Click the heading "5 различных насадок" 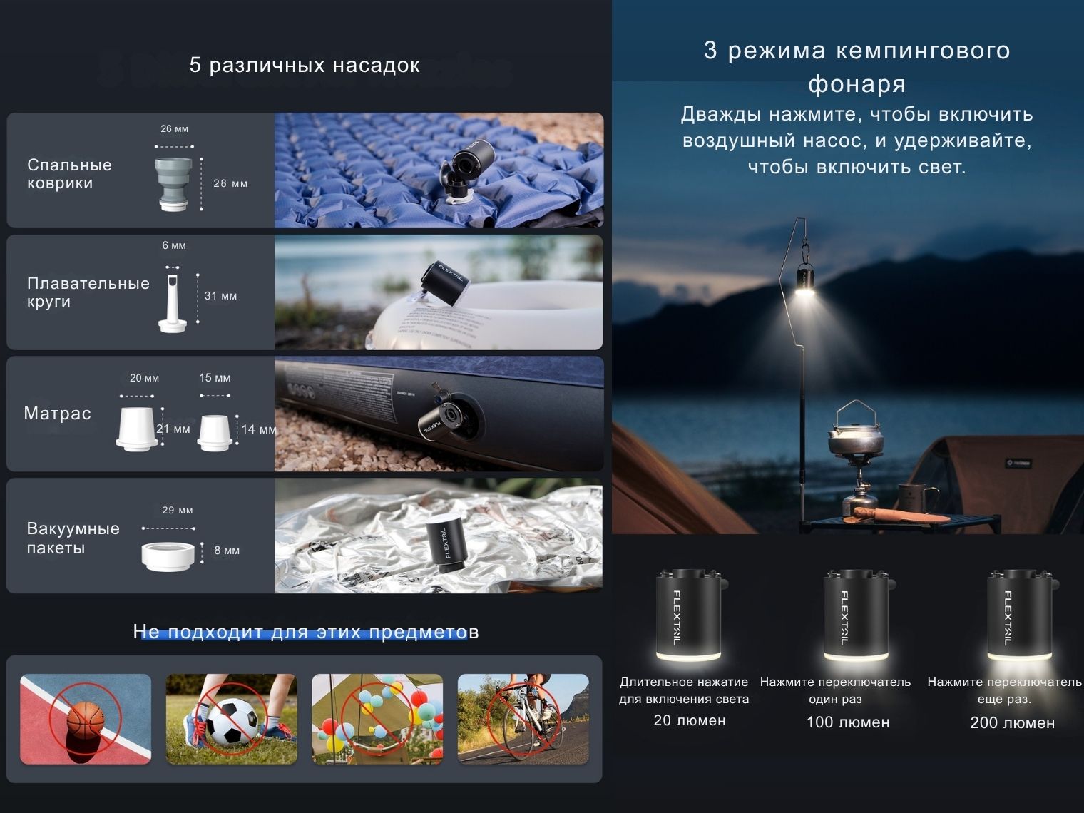(305, 66)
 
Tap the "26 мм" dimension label (174, 129)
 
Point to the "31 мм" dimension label (221, 296)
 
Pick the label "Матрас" (57, 413)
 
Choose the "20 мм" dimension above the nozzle (144, 378)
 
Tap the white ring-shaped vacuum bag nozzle (168, 556)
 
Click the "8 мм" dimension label (227, 551)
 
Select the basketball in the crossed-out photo (86, 718)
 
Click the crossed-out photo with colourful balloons (377, 719)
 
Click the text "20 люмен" (690, 720)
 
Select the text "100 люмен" (848, 722)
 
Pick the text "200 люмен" (1013, 722)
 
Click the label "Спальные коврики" (69, 174)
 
